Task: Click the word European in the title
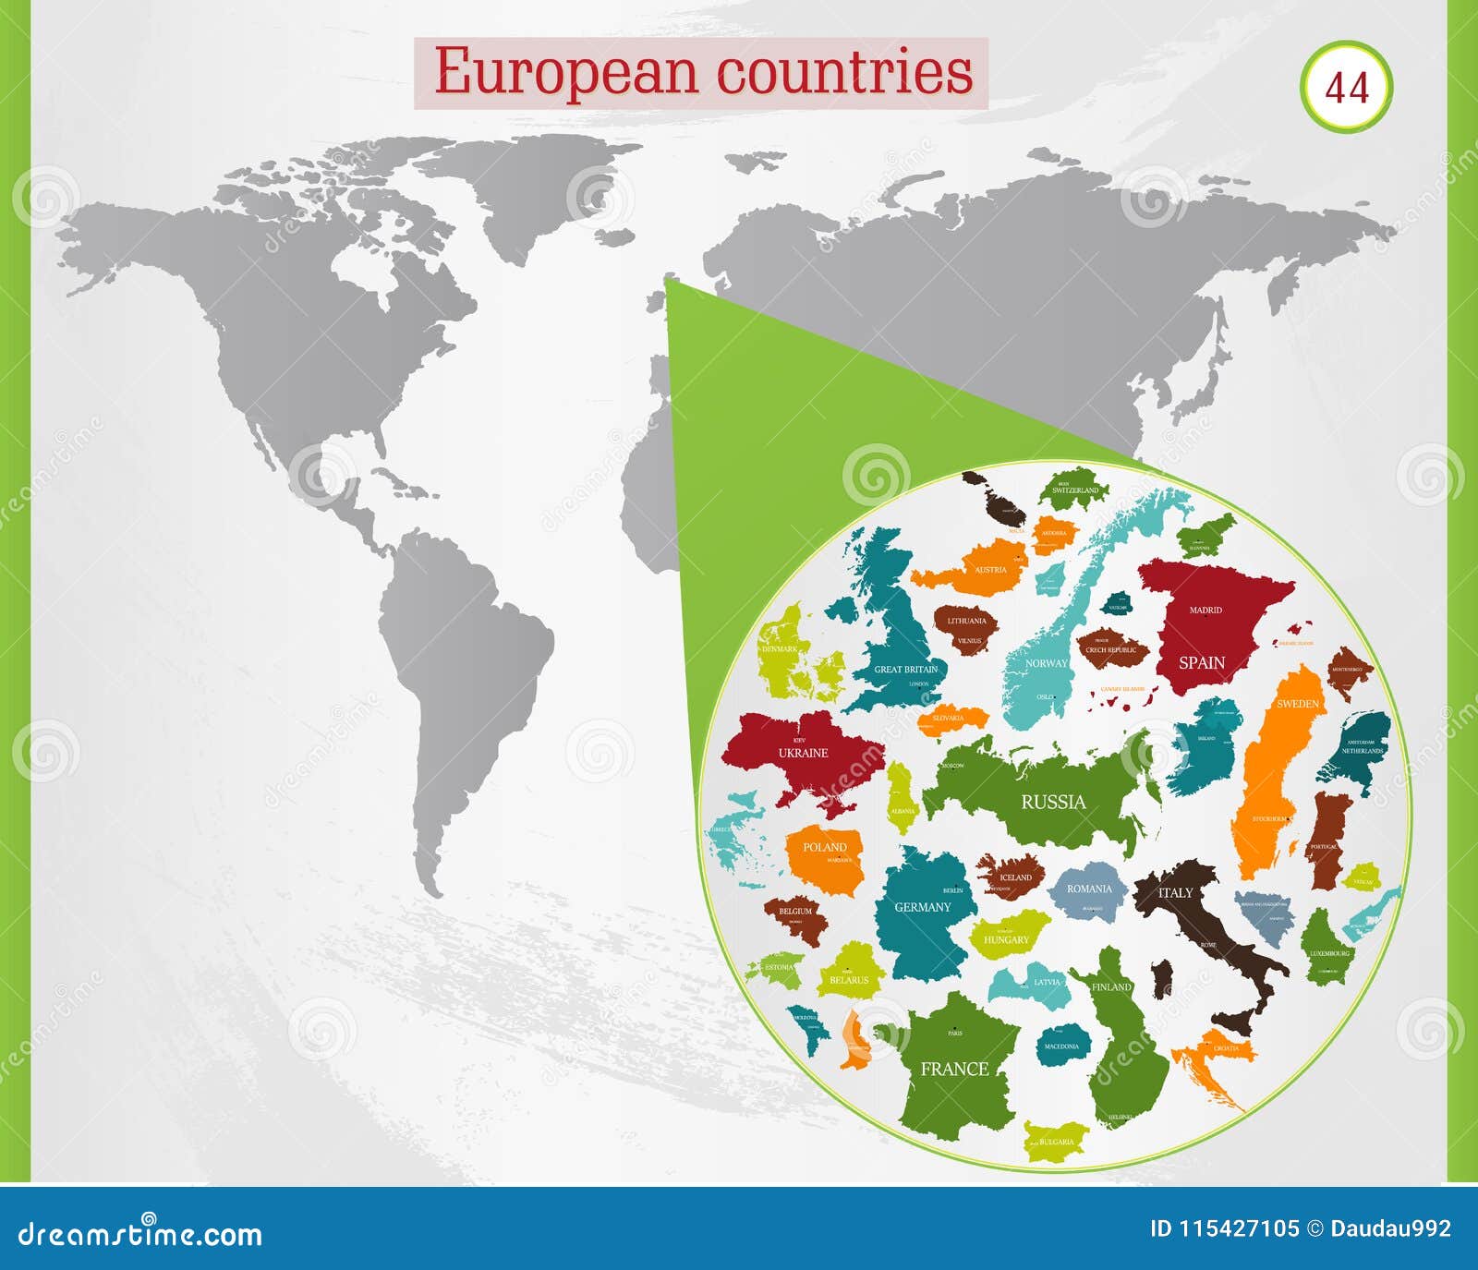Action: click(564, 72)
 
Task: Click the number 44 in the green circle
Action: click(1346, 88)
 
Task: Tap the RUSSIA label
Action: click(1053, 802)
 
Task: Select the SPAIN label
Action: click(1201, 662)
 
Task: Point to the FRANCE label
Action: click(954, 1069)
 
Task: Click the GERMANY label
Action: click(922, 907)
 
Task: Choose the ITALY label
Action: click(1175, 892)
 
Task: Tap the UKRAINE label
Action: click(803, 753)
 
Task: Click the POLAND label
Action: click(824, 847)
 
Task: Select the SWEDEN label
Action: click(1297, 704)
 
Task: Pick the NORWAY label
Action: click(1046, 663)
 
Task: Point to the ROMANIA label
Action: click(1089, 889)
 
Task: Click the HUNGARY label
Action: click(1005, 939)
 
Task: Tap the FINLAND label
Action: click(1111, 986)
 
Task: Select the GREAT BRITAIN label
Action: click(905, 669)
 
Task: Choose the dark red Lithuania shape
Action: click(966, 628)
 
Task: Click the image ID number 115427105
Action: click(1237, 1228)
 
